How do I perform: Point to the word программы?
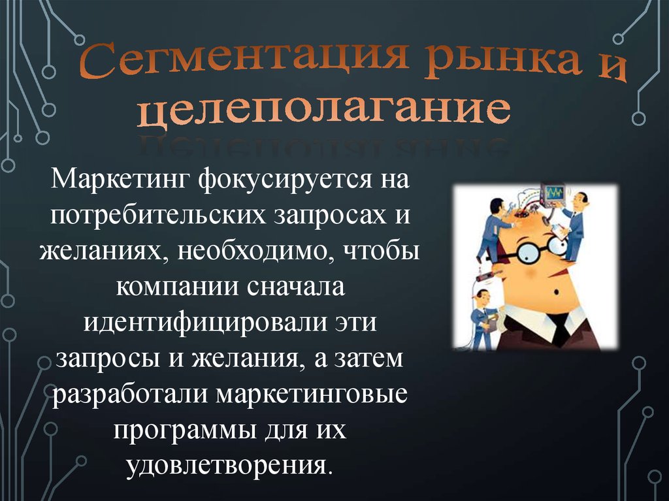tap(186, 432)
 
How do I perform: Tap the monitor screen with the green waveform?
tap(554, 193)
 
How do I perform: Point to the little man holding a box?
tap(484, 319)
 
